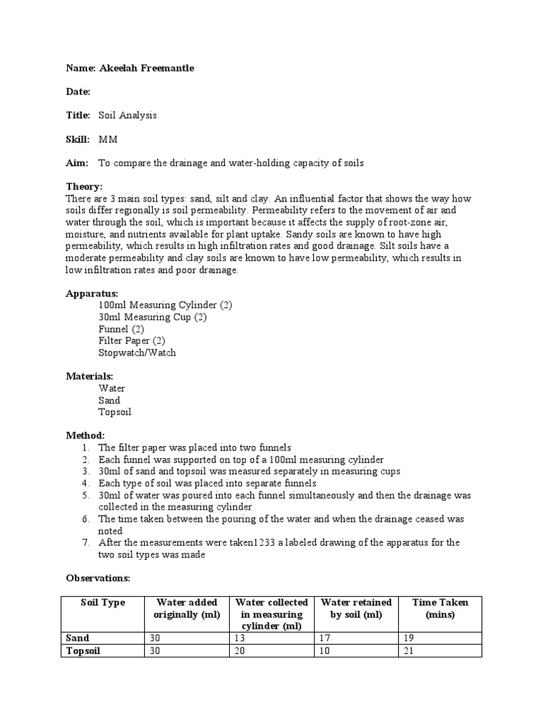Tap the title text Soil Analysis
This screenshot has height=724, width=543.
[x=127, y=115]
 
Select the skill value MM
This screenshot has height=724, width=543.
[x=108, y=139]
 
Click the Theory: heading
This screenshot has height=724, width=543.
[x=84, y=187]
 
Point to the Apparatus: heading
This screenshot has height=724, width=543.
[x=92, y=293]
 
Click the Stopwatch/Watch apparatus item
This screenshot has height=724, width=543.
[x=137, y=352]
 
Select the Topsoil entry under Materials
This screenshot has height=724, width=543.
[x=115, y=411]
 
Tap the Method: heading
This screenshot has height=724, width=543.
[x=86, y=436]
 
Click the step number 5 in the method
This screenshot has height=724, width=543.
[x=85, y=495]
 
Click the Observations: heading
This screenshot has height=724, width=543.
[x=98, y=578]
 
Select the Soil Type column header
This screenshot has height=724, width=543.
[x=103, y=602]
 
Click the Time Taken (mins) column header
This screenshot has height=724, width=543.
[x=440, y=608]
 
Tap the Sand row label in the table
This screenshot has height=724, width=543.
[x=78, y=638]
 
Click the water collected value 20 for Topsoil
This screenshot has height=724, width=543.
[x=239, y=650]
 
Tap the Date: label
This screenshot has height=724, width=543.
[x=78, y=92]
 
